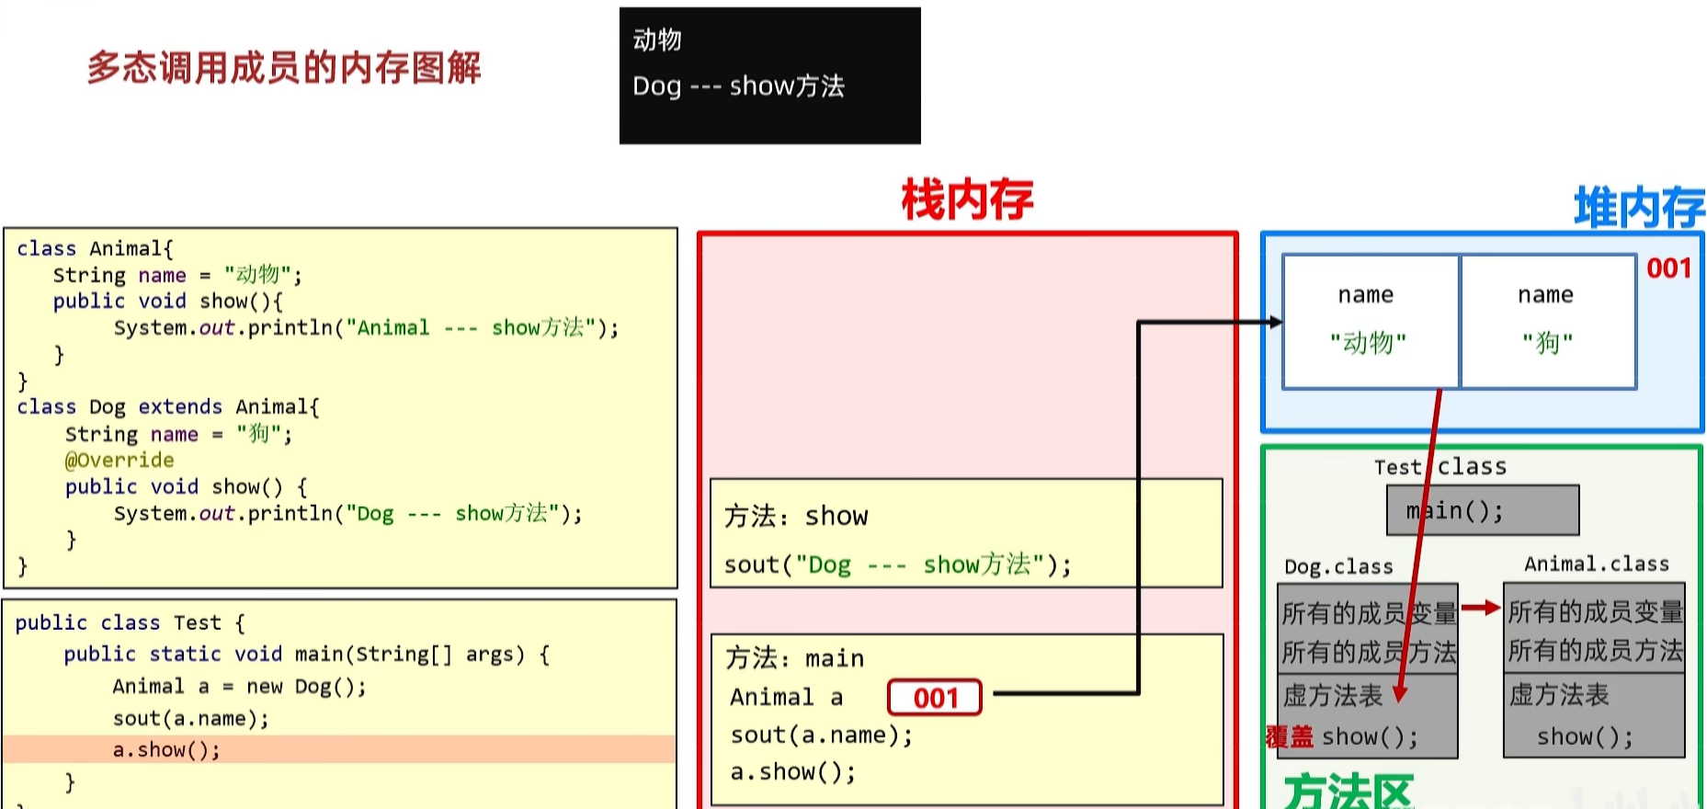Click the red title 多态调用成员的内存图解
[x=284, y=68]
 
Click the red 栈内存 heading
[x=967, y=200]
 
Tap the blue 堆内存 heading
[x=1638, y=207]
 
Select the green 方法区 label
[x=1348, y=791]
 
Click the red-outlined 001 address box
[x=934, y=698]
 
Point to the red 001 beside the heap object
[x=1668, y=268]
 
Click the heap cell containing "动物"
[x=1369, y=322]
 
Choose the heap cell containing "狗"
[x=1548, y=322]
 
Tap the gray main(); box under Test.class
[x=1482, y=510]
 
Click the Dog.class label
[x=1338, y=566]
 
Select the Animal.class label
[x=1597, y=564]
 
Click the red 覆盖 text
[x=1290, y=736]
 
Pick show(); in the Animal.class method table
[x=1585, y=736]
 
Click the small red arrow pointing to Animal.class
[x=1480, y=608]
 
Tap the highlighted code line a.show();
[x=166, y=749]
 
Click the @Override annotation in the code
[x=119, y=460]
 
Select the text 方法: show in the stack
[x=796, y=516]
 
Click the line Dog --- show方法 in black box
[x=738, y=86]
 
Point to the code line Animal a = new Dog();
[x=239, y=687]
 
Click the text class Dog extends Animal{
[x=168, y=406]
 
